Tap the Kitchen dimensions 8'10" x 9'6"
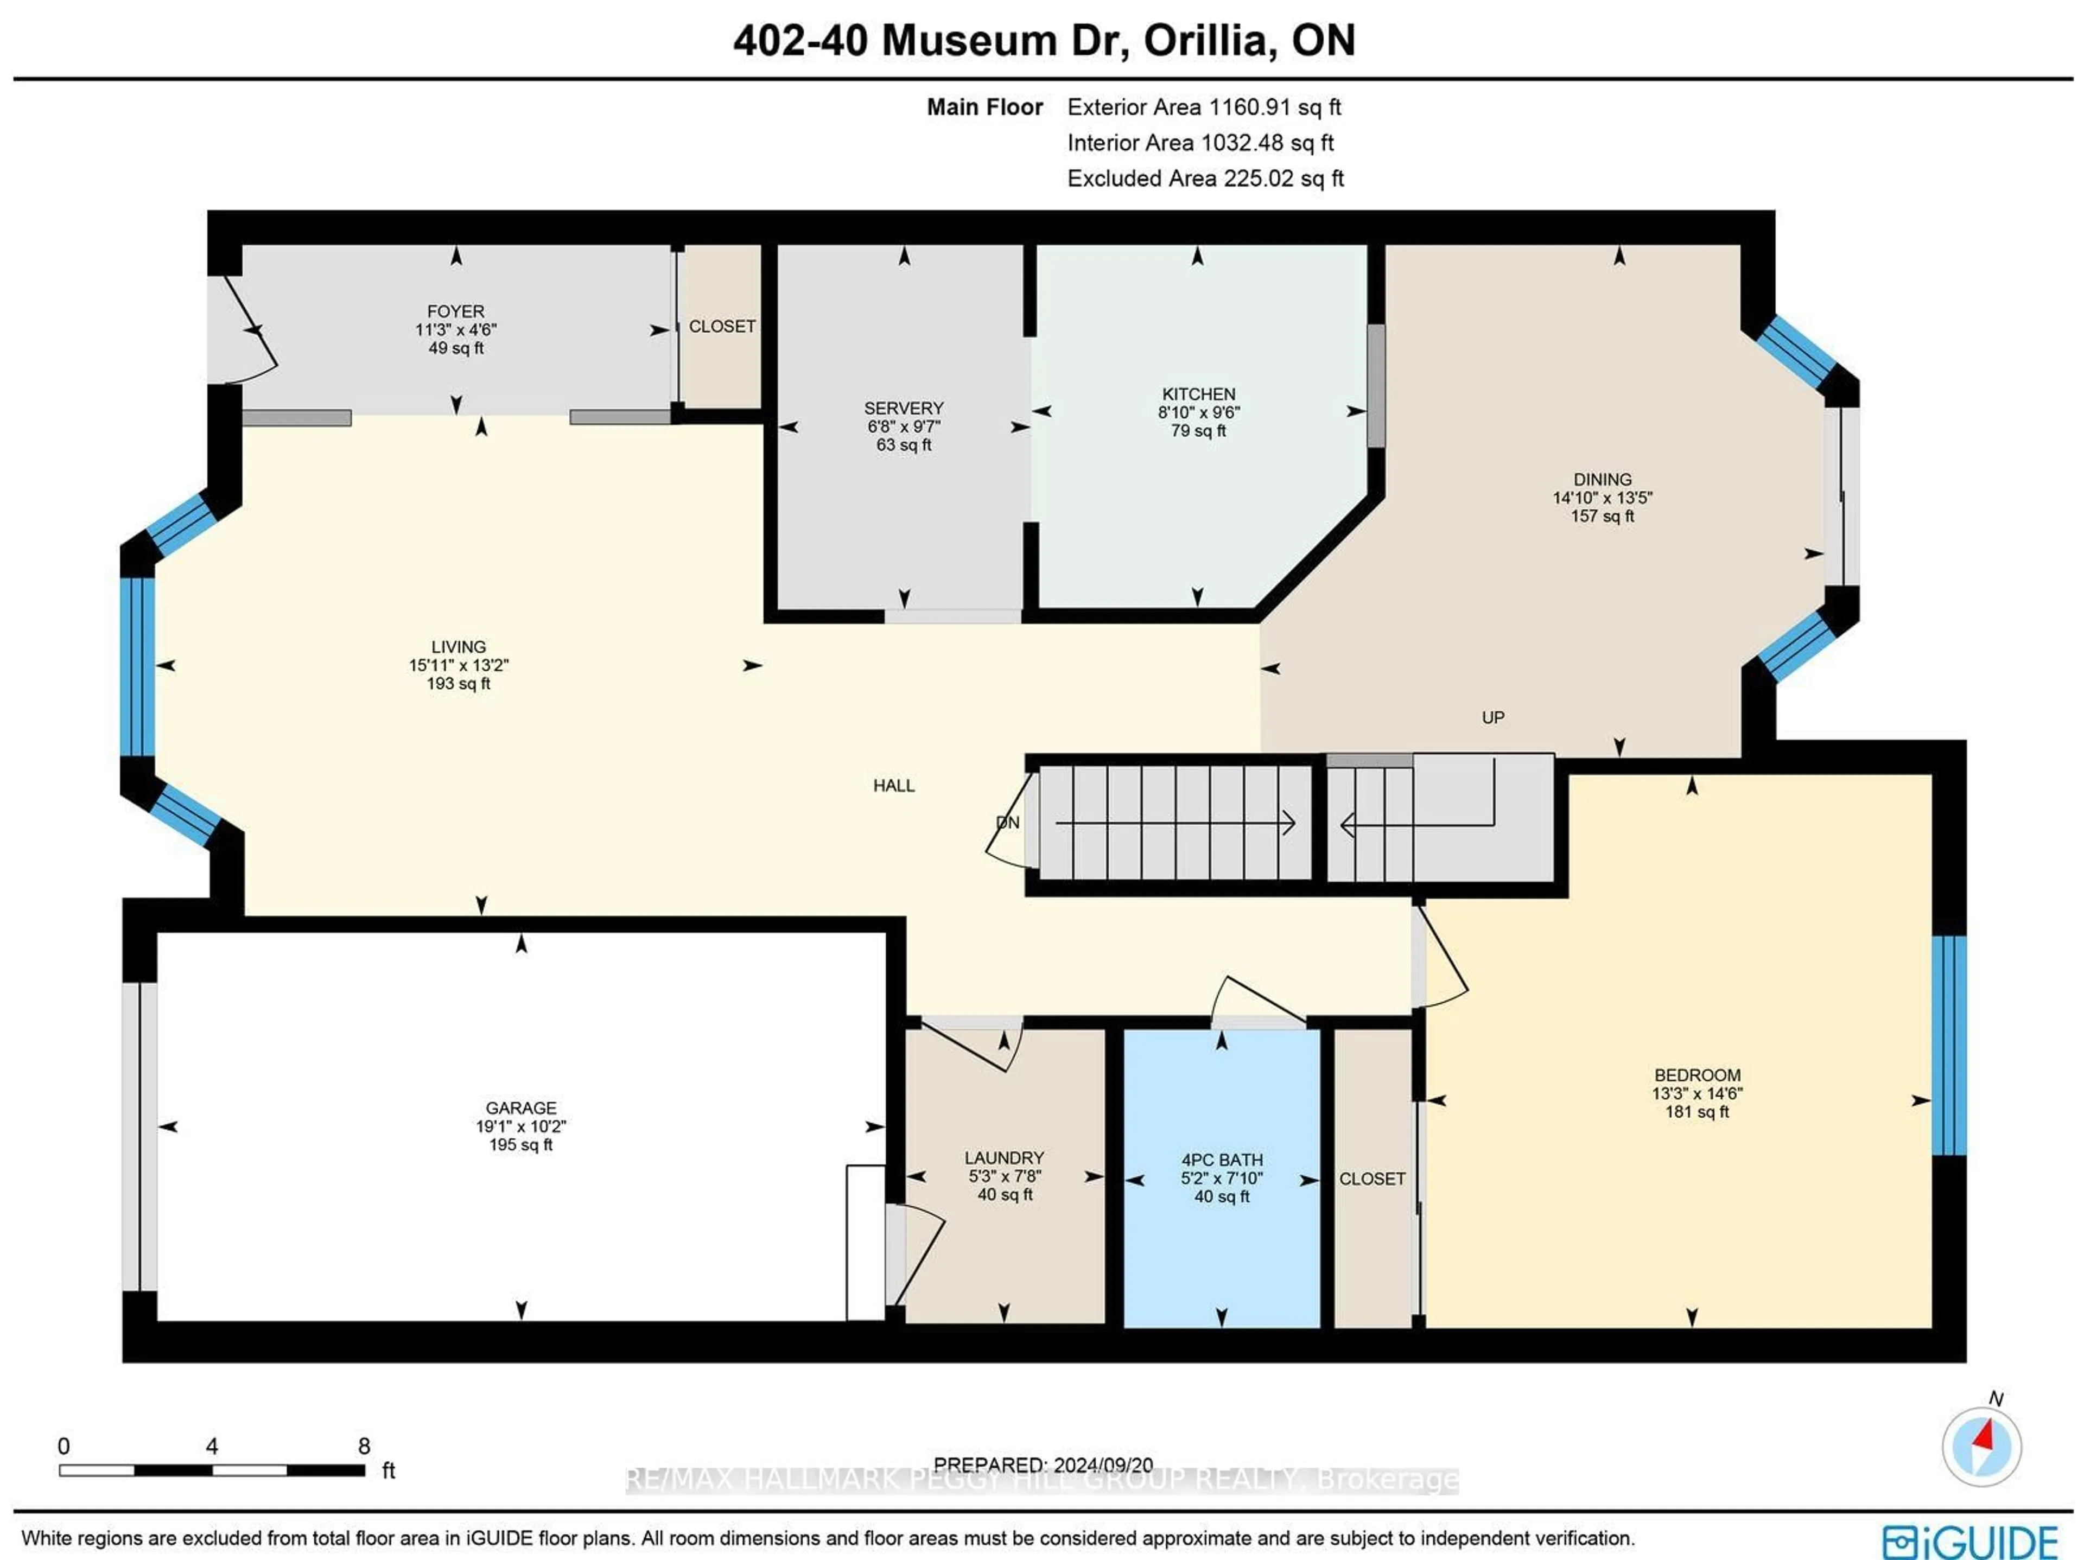(1198, 412)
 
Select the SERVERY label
(904, 408)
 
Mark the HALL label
(893, 786)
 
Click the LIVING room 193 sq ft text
(458, 684)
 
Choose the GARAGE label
(521, 1108)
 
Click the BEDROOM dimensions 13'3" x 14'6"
(1697, 1094)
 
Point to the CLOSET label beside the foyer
(722, 327)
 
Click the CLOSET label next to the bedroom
(1372, 1180)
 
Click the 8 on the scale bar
(364, 1446)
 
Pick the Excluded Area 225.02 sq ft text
(1205, 179)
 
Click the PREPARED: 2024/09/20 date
(1043, 1465)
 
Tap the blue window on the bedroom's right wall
(1948, 1046)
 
